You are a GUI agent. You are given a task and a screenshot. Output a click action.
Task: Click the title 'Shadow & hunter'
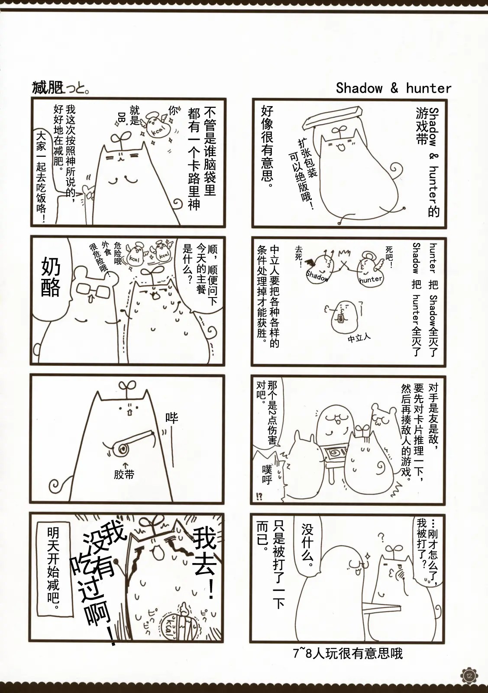[x=393, y=88]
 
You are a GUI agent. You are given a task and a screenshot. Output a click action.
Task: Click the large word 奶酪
[x=51, y=278]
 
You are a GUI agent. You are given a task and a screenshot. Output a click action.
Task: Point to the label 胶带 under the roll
[x=124, y=474]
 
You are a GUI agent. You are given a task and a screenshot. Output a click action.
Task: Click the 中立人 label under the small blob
[x=359, y=338]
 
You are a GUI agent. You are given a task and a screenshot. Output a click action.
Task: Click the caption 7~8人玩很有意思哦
[x=348, y=654]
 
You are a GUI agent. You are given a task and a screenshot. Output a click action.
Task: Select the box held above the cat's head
[x=333, y=117]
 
